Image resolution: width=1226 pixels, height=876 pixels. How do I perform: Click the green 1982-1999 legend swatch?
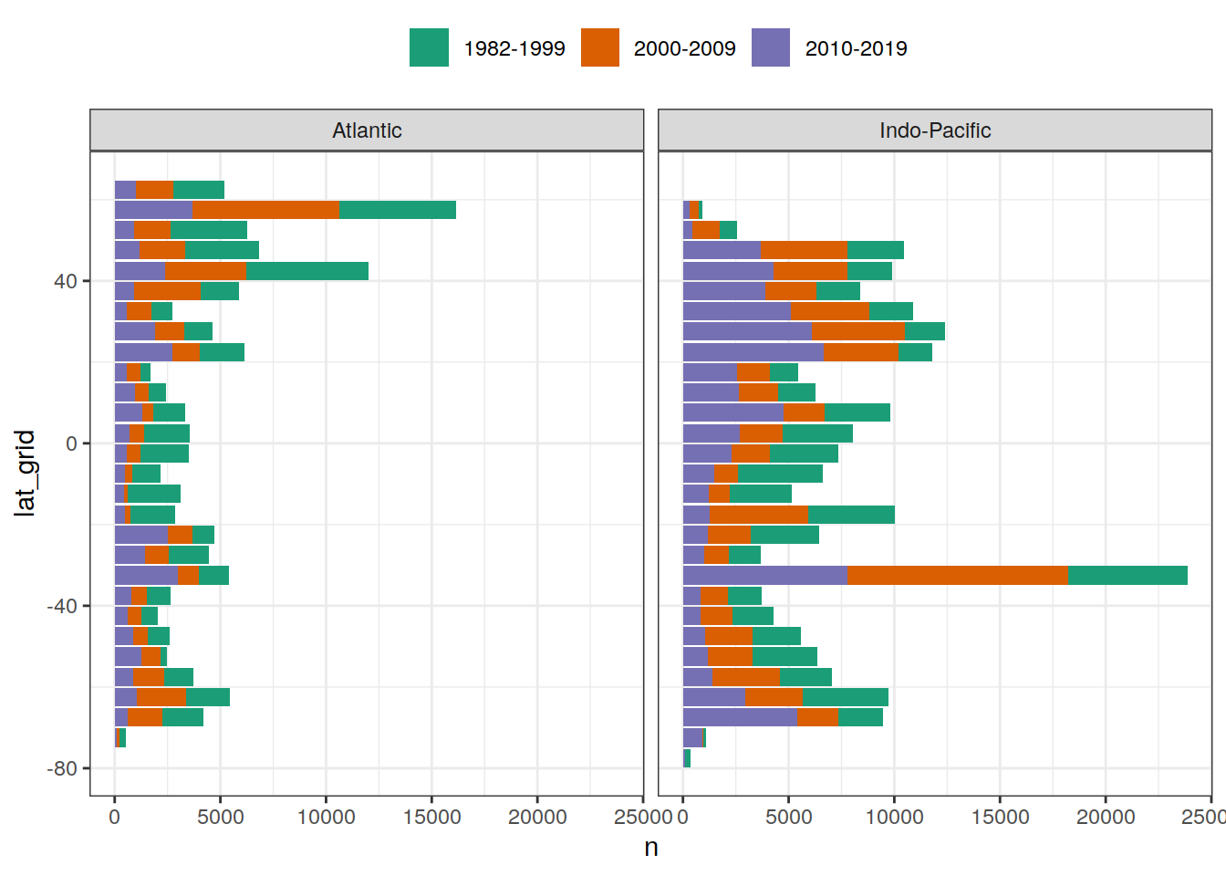coord(429,47)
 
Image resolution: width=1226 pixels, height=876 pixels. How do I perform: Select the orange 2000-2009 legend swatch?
coord(599,47)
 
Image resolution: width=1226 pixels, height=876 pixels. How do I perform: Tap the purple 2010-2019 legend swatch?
coord(771,47)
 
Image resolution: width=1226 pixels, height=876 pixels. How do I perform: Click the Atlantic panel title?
coord(367,130)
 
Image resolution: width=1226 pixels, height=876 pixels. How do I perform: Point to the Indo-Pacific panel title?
coord(935,130)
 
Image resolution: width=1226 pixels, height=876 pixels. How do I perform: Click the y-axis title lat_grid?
coord(26,473)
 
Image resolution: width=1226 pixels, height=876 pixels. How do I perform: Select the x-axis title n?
coord(651,848)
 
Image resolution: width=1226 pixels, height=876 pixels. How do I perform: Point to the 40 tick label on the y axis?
coord(65,281)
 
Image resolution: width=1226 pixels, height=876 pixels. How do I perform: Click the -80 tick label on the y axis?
coord(62,768)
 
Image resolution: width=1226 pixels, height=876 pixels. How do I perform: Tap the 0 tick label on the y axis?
coord(71,443)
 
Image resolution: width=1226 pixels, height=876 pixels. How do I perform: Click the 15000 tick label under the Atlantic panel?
coord(431,817)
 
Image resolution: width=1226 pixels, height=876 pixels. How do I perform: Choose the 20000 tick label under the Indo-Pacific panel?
coord(1106,817)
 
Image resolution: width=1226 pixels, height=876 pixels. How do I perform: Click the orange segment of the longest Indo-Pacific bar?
coord(958,575)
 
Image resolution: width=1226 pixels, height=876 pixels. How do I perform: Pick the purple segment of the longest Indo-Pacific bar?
coord(765,575)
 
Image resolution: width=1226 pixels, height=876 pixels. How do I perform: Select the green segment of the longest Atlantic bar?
coord(397,210)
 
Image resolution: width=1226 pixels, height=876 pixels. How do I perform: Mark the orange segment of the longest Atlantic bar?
coord(265,210)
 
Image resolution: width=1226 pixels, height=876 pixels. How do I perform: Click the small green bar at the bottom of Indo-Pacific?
coord(687,758)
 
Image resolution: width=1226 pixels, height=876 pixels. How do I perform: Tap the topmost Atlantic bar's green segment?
coord(198,190)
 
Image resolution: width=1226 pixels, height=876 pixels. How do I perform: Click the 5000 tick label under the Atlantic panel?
coord(220,817)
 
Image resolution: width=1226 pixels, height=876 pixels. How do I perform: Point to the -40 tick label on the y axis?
coord(62,606)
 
